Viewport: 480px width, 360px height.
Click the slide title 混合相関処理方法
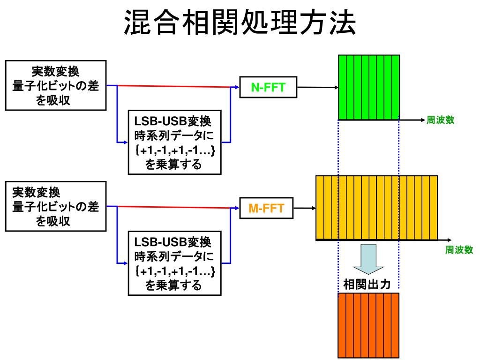(x=240, y=23)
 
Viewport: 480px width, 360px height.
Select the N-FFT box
(x=268, y=87)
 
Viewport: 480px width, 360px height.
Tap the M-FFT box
(x=266, y=208)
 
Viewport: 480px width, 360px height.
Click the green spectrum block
(x=369, y=87)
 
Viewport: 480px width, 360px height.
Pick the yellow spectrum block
(x=376, y=207)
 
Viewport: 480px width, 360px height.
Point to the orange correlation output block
(x=368, y=325)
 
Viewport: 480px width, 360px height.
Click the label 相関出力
(x=367, y=285)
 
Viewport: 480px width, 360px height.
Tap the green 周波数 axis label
(x=440, y=120)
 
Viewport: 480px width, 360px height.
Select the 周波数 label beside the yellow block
(x=459, y=250)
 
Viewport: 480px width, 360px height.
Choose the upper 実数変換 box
(x=55, y=85)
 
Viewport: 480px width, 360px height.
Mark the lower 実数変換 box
(x=55, y=206)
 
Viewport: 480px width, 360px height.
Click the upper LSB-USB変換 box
(x=174, y=142)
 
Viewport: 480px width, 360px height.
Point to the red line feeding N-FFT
(x=173, y=86)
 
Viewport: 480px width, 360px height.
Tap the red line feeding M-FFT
(x=173, y=207)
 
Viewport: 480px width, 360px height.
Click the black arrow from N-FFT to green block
(x=317, y=87)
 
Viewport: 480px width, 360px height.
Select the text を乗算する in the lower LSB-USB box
(x=174, y=285)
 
